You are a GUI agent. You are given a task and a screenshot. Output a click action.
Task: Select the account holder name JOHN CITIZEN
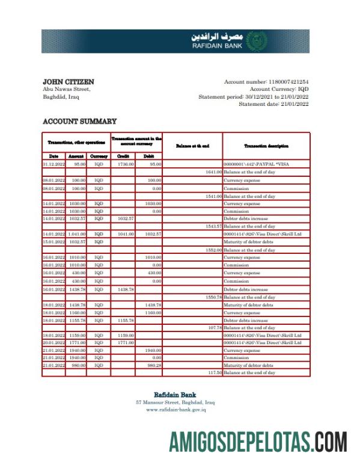[x=69, y=81]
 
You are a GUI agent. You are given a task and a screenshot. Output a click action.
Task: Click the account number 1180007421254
[x=287, y=81]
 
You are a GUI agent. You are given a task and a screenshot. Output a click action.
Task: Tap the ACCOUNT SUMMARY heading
[x=79, y=122]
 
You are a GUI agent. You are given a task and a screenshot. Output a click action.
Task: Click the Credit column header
[x=123, y=156]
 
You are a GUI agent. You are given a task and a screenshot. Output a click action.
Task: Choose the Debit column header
[x=148, y=156]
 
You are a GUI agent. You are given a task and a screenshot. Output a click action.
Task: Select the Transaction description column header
[x=266, y=146]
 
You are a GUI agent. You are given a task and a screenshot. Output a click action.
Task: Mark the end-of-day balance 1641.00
[x=213, y=171]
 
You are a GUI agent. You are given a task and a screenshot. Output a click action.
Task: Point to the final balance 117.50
[x=214, y=373]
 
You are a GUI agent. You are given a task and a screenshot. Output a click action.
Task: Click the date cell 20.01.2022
[x=53, y=342]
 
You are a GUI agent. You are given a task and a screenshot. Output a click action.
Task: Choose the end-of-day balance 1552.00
[x=213, y=249]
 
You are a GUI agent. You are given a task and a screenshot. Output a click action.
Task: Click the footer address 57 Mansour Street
[x=175, y=402]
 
